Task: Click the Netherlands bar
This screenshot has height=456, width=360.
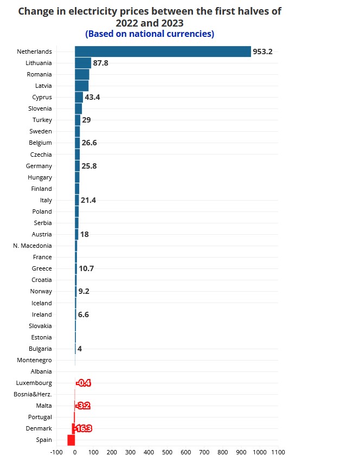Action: (x=163, y=52)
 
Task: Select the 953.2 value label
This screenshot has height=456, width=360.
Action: (x=262, y=52)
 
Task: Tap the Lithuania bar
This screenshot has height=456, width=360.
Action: (x=83, y=63)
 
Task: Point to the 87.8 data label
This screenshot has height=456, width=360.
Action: (x=101, y=63)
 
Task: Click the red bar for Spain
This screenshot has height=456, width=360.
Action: (x=71, y=440)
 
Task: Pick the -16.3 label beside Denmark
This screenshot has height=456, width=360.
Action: (x=83, y=428)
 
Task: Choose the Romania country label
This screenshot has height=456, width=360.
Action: (x=40, y=74)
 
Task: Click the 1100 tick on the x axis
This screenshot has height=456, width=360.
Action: (x=278, y=452)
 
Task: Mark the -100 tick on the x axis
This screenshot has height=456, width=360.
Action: (x=56, y=452)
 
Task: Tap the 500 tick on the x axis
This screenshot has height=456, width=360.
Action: (x=167, y=452)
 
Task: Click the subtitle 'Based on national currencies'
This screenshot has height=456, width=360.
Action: (x=150, y=34)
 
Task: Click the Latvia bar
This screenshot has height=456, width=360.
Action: (x=81, y=86)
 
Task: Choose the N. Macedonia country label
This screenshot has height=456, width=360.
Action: (x=33, y=246)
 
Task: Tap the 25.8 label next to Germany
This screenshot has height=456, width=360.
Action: (x=89, y=166)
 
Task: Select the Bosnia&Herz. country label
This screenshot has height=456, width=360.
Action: (x=33, y=394)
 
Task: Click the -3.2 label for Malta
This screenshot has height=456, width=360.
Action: (x=83, y=406)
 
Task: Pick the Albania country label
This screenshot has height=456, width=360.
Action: (x=42, y=371)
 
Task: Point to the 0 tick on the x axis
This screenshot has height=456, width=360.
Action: (x=75, y=452)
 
